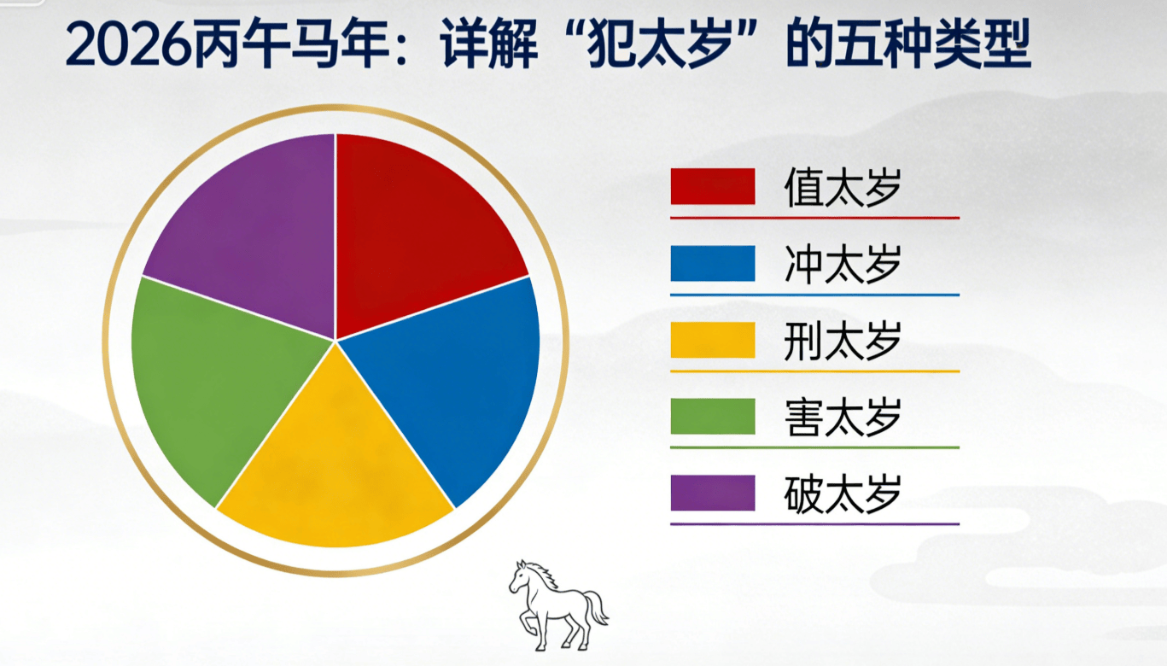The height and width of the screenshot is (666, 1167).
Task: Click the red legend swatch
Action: click(713, 186)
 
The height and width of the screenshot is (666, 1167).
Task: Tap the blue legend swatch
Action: click(713, 263)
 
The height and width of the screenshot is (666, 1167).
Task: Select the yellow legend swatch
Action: click(713, 340)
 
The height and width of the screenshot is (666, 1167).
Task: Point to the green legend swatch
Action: click(713, 417)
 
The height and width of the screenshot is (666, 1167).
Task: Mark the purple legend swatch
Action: click(713, 493)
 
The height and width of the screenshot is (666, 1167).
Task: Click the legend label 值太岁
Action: click(843, 187)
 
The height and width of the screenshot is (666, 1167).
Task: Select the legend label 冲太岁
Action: click(843, 264)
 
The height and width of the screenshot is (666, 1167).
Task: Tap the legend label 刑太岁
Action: click(843, 341)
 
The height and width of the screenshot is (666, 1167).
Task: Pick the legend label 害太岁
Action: click(843, 418)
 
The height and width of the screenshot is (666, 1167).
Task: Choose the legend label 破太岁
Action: click(843, 494)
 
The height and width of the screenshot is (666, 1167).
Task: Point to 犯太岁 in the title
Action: click(660, 44)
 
